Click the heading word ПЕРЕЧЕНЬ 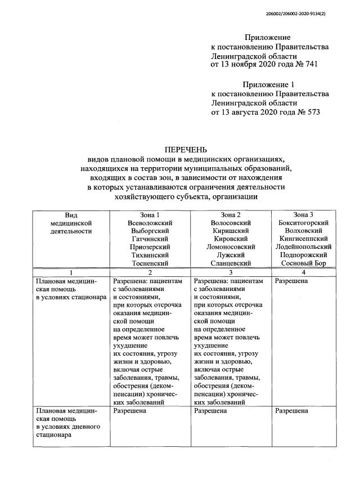[186, 150]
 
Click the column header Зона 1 [150, 215]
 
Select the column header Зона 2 [231, 215]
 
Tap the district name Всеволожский [150, 223]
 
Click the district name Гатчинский [150, 239]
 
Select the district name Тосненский [150, 263]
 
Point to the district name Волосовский [231, 223]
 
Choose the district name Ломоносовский [231, 246]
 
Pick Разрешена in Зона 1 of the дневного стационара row [130, 411]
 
